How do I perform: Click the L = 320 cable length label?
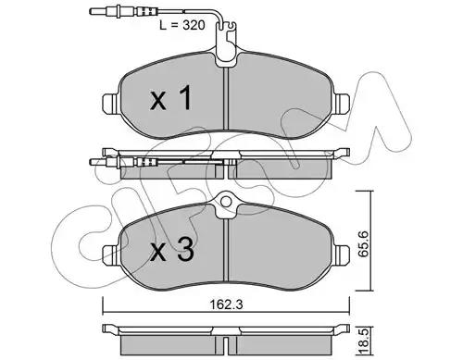(181, 25)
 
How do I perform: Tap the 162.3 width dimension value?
(226, 304)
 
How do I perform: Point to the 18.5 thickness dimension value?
(365, 342)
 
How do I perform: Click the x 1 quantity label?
(171, 98)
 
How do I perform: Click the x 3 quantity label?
(172, 250)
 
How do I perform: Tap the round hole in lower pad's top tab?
(226, 202)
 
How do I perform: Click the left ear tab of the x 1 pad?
(109, 103)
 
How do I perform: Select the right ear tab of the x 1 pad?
(343, 103)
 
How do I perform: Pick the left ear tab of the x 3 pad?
(109, 254)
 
